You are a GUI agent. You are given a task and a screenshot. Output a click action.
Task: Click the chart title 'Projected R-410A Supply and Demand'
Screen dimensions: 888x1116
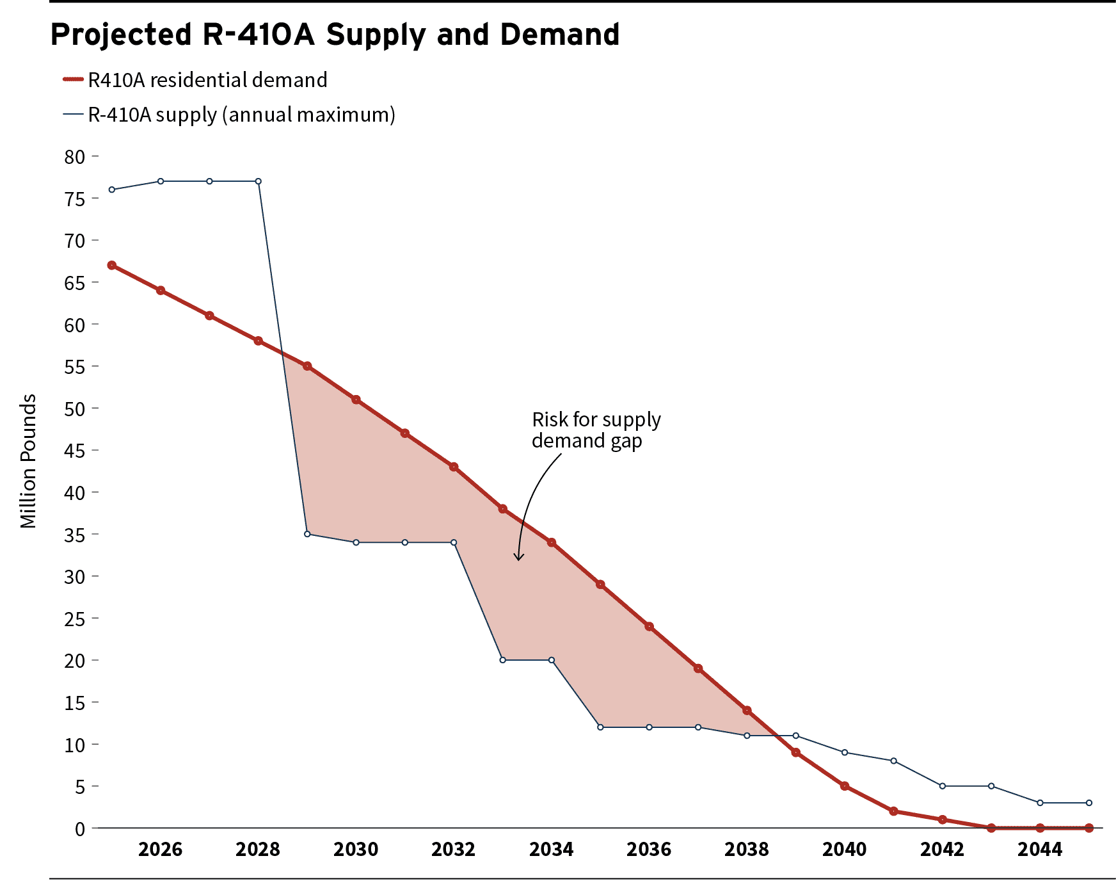coord(335,35)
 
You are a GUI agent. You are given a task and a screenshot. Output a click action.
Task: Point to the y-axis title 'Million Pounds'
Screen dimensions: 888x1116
coord(28,461)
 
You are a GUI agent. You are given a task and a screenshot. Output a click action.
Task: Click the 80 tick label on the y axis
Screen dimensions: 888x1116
coord(75,157)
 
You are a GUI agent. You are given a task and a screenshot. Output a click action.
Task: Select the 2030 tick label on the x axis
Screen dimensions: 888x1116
coord(356,850)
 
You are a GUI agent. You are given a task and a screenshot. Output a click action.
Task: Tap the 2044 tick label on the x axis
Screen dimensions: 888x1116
coord(1040,850)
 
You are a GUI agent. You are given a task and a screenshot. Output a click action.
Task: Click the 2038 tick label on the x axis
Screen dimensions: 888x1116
coord(747,850)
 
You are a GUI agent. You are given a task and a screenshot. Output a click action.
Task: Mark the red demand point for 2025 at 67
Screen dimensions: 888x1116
coord(112,265)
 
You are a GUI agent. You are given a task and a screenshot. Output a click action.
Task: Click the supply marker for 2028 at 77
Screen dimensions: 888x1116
coord(259,181)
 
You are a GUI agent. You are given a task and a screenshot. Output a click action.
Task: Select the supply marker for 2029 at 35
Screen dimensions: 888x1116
coord(307,534)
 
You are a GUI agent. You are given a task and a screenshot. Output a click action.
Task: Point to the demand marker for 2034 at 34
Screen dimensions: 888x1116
coord(552,542)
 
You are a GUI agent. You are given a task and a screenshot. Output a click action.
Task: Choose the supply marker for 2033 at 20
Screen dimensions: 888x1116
coord(502,660)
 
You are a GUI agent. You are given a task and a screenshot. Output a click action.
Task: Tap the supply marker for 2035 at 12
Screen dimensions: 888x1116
coord(600,727)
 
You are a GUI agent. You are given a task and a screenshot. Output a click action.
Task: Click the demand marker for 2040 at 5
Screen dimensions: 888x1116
coord(845,786)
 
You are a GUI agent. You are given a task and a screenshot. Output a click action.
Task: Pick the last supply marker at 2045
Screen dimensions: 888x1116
coord(1089,803)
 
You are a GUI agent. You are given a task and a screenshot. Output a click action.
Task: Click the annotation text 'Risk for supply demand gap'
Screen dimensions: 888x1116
coord(595,430)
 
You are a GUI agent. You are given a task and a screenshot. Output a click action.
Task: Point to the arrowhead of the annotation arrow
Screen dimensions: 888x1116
coord(519,559)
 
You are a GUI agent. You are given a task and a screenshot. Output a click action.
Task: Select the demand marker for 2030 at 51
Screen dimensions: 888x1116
coord(356,400)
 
